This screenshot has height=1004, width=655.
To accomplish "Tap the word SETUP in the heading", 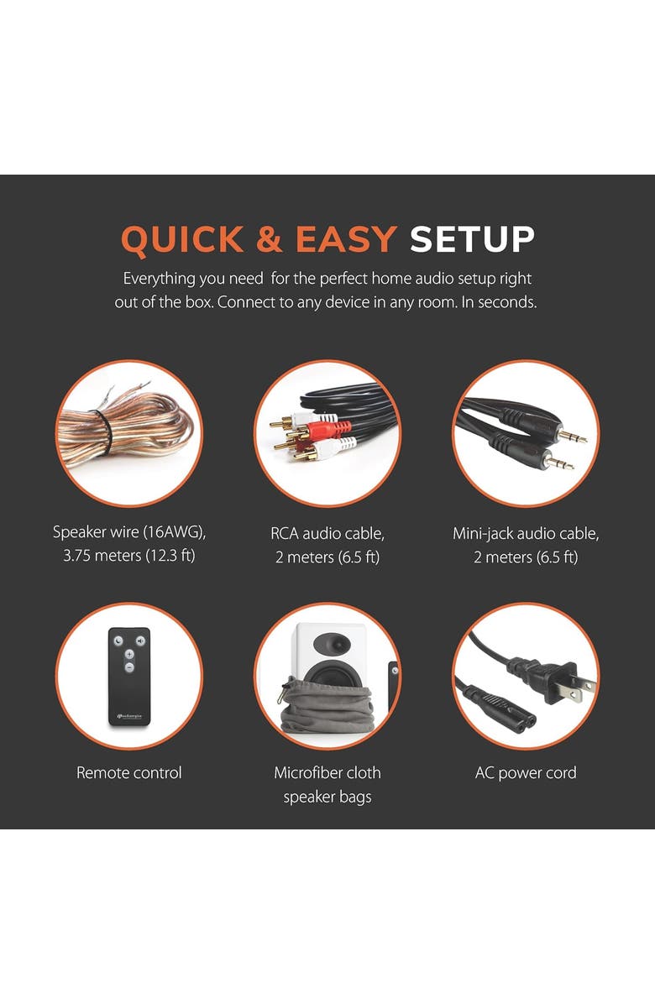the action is pos(472,239).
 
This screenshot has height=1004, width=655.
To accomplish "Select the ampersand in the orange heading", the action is pos(269,239).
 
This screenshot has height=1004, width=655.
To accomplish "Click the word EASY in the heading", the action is pos(346,239).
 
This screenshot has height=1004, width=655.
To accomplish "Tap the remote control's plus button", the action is pos(129,655).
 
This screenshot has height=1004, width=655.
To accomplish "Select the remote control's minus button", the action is pos(129,667).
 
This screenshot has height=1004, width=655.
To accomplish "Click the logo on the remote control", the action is pos(129,716).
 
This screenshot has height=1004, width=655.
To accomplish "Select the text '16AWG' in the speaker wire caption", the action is pos(171,532).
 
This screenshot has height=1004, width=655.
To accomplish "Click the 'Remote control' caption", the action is pos(129,773).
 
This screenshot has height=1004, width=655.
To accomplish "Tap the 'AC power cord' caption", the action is pos(526,773).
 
